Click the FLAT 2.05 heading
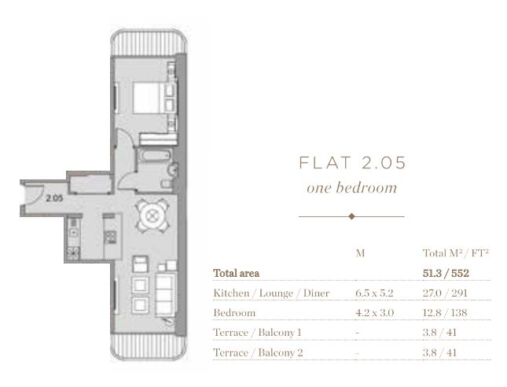[x=352, y=163]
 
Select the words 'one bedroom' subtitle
[x=352, y=188]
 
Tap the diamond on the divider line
[x=352, y=216]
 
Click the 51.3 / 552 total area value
[x=446, y=274]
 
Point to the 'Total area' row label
[x=237, y=274]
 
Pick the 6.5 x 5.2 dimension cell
[x=374, y=293]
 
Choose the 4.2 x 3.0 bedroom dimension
[x=374, y=313]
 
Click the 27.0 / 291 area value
[x=445, y=293]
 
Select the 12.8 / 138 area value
[x=445, y=313]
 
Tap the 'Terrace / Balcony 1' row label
[x=257, y=333]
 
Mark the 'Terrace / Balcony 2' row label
[x=258, y=352]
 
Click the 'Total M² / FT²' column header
[x=455, y=253]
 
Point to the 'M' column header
[x=360, y=253]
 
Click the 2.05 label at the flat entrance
[x=54, y=198]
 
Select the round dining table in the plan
[x=152, y=216]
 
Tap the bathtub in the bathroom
[x=156, y=156]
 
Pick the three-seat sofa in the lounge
[x=165, y=295]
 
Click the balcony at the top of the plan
[x=149, y=43]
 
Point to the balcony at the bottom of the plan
[x=149, y=347]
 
